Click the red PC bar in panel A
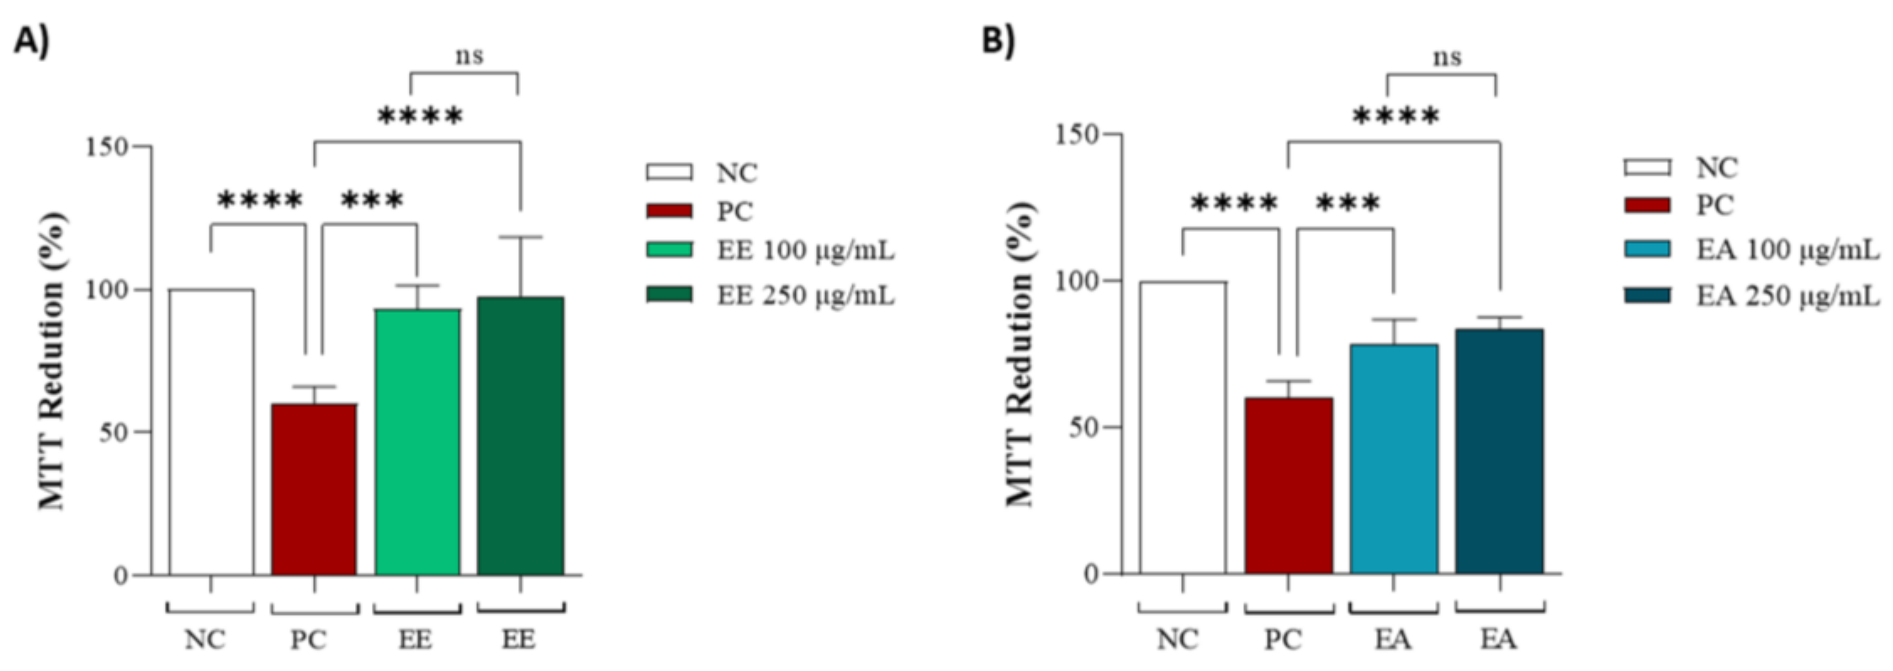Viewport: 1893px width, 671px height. click(x=314, y=489)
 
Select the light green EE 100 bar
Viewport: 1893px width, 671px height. click(x=417, y=441)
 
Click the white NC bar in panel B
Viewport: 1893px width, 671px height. click(x=1183, y=426)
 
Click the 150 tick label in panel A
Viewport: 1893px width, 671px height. click(x=107, y=146)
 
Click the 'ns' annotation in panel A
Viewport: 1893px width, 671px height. click(x=469, y=56)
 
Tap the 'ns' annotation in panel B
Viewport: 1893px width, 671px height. click(x=1447, y=57)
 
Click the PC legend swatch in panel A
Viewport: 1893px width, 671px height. click(x=669, y=212)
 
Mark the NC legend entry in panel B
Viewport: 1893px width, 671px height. click(x=1716, y=168)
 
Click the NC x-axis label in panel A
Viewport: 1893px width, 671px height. click(x=205, y=640)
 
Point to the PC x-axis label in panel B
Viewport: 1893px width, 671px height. click(x=1282, y=640)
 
